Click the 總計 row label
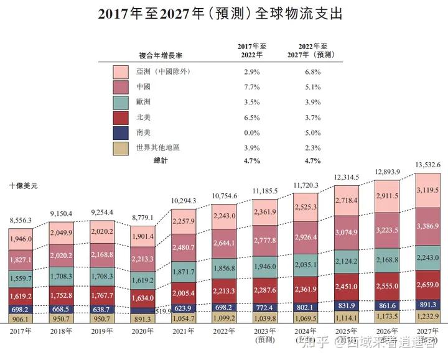[x=162, y=161]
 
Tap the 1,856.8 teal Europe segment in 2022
[x=223, y=267]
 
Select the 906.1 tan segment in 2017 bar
[x=22, y=319]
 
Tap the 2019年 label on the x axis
[x=102, y=333]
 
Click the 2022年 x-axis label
[x=224, y=333]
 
